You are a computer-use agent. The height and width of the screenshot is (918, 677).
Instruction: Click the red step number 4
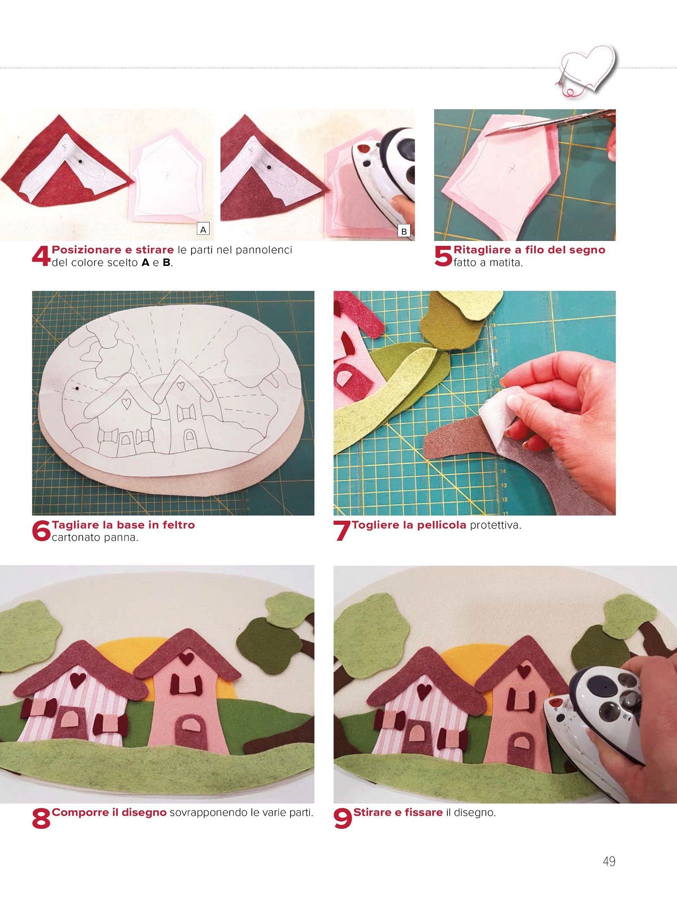click(41, 257)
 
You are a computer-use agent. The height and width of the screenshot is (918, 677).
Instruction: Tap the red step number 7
click(343, 531)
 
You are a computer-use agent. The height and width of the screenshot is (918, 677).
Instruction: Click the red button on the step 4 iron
click(362, 147)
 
